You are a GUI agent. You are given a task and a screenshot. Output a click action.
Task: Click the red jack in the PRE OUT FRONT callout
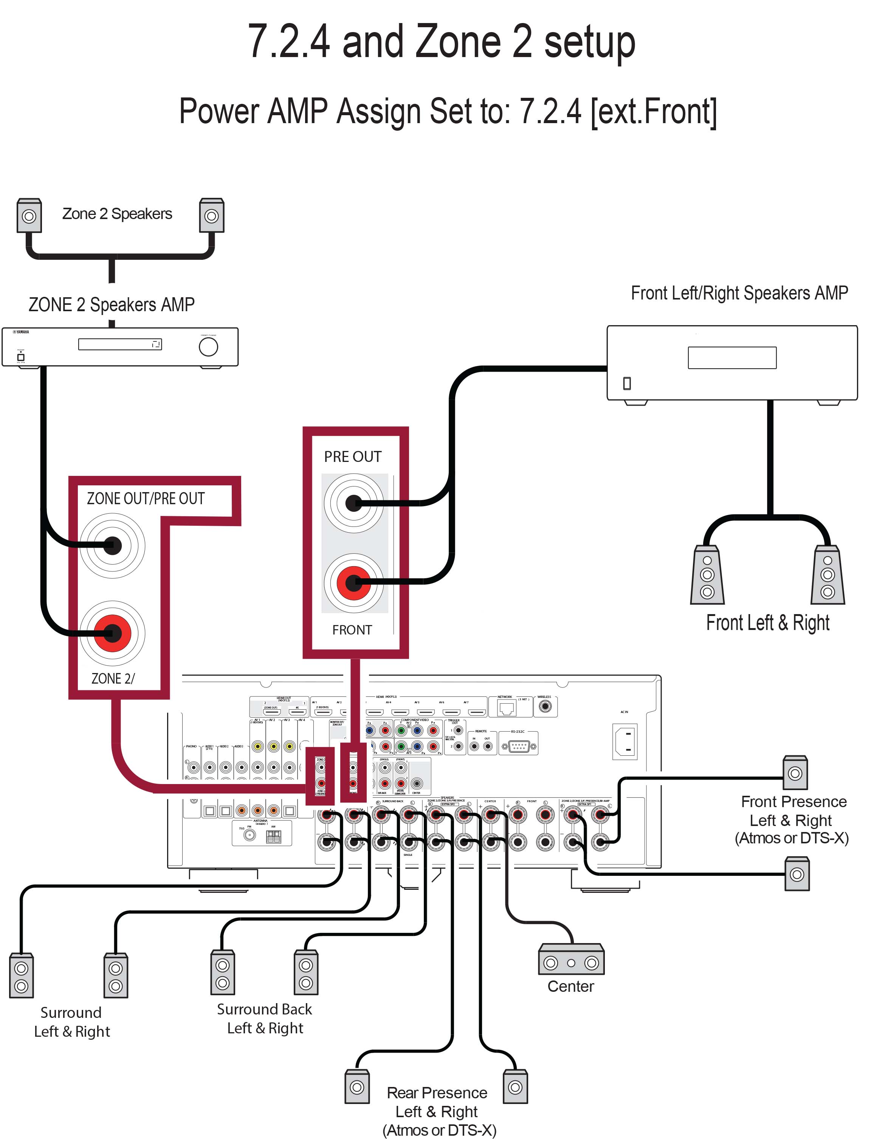pos(353,582)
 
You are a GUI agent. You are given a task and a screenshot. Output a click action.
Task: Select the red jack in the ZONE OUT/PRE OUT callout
pos(112,633)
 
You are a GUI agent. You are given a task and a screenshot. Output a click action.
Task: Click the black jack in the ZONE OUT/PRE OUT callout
pos(112,546)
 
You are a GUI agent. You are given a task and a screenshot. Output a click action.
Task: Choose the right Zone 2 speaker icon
pos(211,215)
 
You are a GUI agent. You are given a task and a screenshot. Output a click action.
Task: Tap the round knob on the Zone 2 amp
pos(208,347)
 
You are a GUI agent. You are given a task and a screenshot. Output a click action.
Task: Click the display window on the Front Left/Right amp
pos(732,358)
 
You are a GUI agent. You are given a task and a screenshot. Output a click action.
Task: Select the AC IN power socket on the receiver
pos(625,741)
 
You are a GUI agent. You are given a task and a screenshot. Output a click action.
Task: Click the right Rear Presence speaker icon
pos(515,1087)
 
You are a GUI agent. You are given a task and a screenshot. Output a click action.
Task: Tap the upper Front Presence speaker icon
pos(795,773)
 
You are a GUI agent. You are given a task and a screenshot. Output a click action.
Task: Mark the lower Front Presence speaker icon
pos(797,874)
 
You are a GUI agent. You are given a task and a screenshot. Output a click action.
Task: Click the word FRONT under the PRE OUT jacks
pos(352,630)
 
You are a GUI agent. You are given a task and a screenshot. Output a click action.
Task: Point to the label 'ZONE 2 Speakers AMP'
pos(112,304)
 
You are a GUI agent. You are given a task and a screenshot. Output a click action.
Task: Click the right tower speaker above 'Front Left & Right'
pos(827,574)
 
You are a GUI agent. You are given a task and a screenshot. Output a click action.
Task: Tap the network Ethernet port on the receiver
pos(507,708)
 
